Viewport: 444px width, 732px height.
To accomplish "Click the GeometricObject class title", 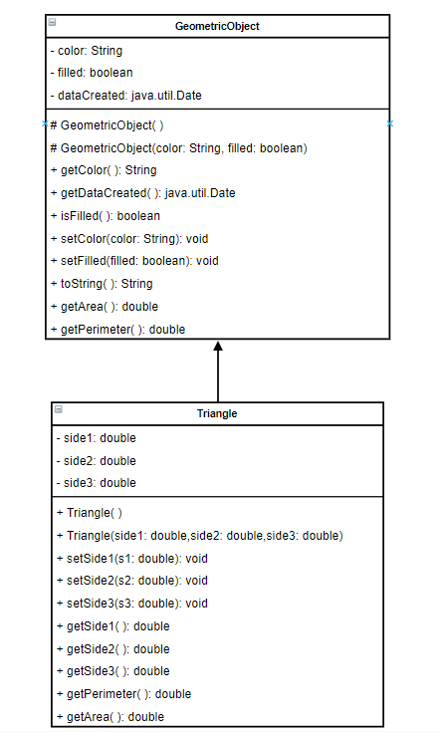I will [x=217, y=26].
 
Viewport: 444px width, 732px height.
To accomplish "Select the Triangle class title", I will [x=217, y=413].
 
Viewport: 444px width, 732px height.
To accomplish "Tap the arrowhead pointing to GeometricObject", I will [x=218, y=348].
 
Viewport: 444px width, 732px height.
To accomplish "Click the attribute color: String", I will [x=86, y=50].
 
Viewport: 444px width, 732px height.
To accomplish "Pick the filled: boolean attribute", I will [x=91, y=72].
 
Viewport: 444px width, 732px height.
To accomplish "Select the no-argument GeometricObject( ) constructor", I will [x=107, y=126].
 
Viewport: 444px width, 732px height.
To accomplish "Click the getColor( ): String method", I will [x=103, y=170].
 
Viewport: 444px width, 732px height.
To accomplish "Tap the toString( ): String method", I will [x=101, y=284].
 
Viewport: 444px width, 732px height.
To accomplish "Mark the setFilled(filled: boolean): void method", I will [x=133, y=261].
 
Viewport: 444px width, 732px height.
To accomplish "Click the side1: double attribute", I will [x=96, y=437].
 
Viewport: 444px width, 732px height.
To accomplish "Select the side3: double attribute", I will [x=96, y=483].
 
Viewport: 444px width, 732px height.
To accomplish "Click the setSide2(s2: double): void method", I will [x=132, y=581].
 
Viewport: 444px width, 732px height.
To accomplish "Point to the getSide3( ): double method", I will [x=113, y=671].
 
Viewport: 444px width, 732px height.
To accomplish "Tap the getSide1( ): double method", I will [x=113, y=626].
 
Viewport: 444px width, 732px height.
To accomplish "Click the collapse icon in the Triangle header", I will [x=58, y=409].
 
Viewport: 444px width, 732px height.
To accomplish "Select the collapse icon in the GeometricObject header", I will [x=52, y=22].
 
